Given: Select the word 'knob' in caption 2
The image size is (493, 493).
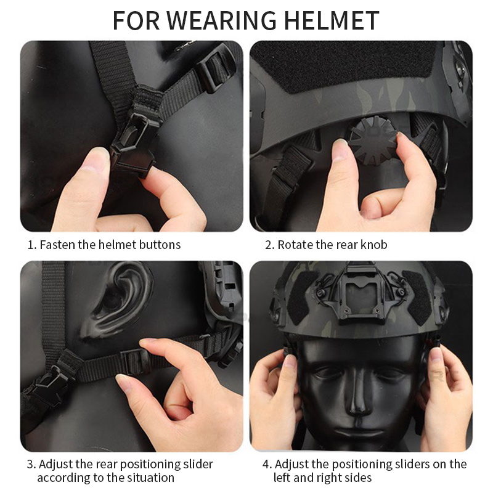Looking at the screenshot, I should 374,245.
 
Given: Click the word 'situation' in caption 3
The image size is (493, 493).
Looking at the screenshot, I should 147,478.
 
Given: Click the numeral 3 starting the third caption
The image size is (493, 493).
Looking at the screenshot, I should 30,464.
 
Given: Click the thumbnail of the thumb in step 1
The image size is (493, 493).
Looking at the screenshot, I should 97,161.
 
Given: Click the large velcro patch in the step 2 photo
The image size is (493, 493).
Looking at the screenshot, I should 345,62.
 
